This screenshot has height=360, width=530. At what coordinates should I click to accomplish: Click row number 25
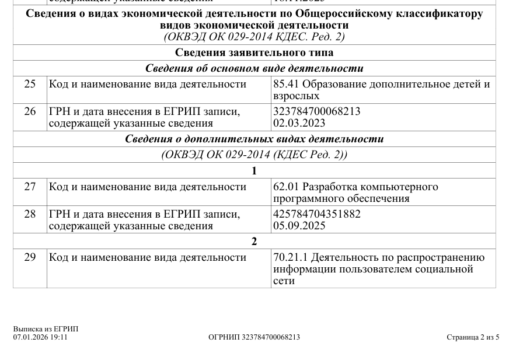point(30,84)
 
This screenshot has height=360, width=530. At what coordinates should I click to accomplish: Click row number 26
point(30,111)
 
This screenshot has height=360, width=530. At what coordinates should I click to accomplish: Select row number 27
point(30,187)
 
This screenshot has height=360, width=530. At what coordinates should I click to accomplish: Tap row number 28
point(30,214)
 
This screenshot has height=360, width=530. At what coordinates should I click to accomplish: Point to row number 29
point(30,257)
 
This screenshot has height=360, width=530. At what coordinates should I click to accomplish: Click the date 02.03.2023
point(299,123)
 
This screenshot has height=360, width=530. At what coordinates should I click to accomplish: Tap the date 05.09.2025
point(299,226)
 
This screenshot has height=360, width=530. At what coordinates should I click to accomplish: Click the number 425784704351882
point(317,214)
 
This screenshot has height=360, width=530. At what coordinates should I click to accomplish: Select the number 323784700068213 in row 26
point(317,111)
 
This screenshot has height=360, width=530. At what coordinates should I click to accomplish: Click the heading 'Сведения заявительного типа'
point(254,53)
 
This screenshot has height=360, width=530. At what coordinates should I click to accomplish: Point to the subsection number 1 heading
point(254,171)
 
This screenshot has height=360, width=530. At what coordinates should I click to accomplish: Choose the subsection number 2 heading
point(254,242)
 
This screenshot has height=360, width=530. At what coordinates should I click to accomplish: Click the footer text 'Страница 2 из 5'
point(473,337)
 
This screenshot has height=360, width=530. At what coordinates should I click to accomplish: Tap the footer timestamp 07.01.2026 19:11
point(40,337)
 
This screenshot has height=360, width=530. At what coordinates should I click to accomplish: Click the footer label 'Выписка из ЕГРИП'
point(46,329)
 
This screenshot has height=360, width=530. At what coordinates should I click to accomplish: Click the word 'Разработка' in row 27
point(329,187)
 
